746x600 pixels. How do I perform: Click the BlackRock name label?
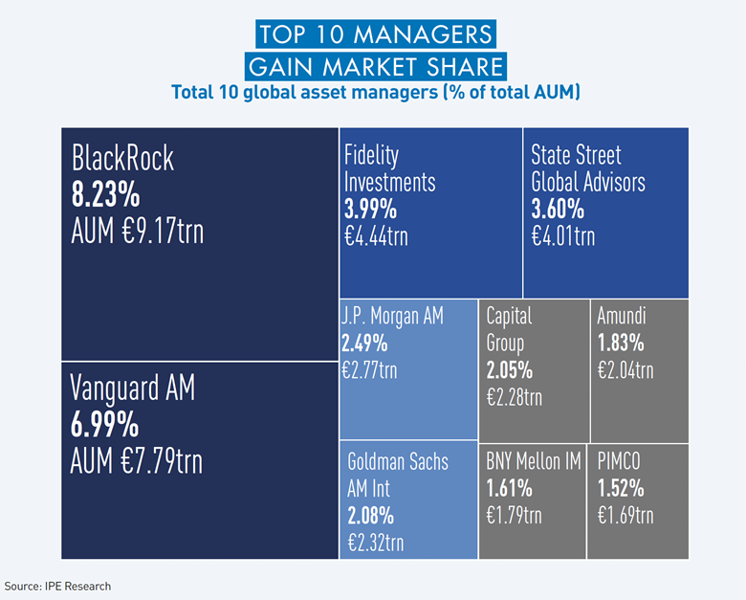[123, 159]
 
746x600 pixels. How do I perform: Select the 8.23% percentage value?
[106, 195]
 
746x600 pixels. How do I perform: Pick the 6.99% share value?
[105, 424]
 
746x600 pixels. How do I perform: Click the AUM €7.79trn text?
[137, 460]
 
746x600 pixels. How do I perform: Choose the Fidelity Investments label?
[389, 168]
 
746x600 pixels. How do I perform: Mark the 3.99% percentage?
[369, 209]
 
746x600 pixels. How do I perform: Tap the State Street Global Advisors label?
[588, 168]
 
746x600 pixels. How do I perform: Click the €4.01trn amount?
[563, 235]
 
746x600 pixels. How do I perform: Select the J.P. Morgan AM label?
[392, 317]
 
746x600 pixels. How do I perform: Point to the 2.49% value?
[364, 343]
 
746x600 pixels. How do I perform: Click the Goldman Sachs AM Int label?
[397, 476]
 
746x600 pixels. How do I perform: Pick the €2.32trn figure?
[375, 543]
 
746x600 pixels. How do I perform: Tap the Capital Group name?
[511, 328]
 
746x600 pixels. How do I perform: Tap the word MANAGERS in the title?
[411, 35]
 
